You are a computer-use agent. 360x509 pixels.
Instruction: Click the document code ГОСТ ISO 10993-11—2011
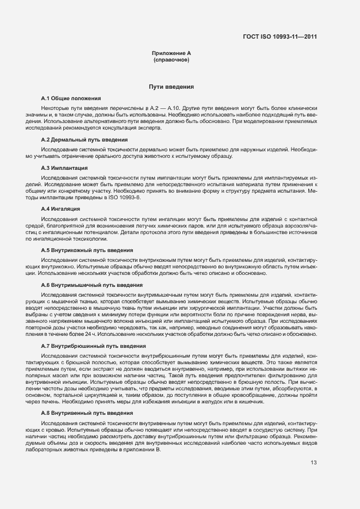(x=280, y=37)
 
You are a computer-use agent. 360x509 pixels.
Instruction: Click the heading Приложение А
(x=172, y=53)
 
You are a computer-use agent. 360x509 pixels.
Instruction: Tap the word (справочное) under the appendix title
(x=172, y=60)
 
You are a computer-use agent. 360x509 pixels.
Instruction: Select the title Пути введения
(x=172, y=87)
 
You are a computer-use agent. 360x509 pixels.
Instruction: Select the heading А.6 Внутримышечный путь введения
(x=88, y=285)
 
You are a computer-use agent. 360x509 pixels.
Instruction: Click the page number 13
(x=314, y=463)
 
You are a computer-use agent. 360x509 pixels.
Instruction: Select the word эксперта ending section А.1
(x=149, y=128)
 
